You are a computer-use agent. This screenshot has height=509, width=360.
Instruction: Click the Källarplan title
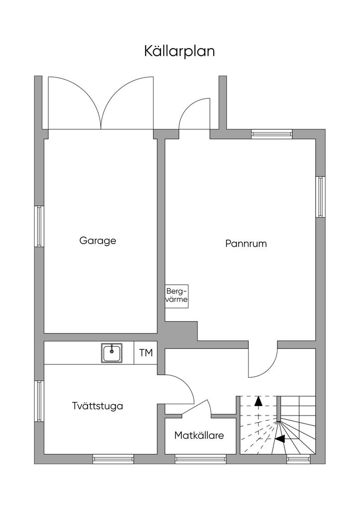(180, 51)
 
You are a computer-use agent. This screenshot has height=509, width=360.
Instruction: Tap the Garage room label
(98, 241)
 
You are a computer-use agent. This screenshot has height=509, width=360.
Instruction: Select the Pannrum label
(246, 244)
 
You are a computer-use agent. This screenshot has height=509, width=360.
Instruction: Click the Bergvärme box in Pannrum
(177, 296)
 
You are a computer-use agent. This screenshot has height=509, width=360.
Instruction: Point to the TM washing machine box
(146, 352)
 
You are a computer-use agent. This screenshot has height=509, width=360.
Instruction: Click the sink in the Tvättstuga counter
(112, 352)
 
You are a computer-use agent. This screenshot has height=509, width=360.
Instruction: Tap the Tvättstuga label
(97, 406)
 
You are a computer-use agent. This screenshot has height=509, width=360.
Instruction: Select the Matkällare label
(199, 435)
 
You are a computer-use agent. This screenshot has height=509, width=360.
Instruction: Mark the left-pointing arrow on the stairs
(279, 438)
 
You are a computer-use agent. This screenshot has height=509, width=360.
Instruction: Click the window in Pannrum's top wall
(271, 134)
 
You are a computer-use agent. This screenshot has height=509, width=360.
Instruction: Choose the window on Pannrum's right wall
(320, 197)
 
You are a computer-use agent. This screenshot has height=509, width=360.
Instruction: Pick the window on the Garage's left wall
(39, 226)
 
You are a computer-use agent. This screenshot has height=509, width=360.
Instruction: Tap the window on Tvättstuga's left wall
(39, 401)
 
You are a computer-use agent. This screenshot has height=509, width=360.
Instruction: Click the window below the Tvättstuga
(113, 459)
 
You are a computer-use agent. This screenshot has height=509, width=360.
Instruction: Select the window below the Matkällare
(200, 459)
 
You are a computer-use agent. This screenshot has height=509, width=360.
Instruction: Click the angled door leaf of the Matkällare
(194, 407)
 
